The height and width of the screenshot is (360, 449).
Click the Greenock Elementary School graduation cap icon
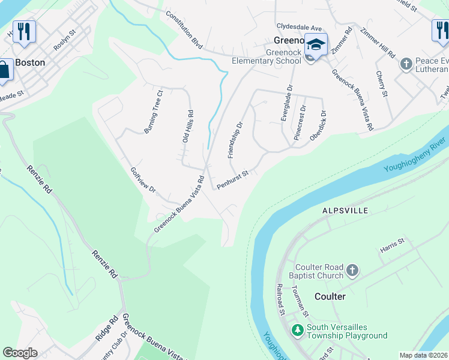click(316, 44)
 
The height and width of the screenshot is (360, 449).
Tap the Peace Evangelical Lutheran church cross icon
click(406, 63)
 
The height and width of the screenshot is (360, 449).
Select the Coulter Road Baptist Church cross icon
click(352, 271)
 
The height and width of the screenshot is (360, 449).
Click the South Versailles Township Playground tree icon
click(297, 329)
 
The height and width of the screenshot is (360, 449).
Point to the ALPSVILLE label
click(345, 211)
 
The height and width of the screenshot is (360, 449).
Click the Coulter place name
click(330, 296)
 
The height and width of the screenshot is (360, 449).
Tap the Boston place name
click(30, 62)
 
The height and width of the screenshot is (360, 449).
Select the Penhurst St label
click(233, 179)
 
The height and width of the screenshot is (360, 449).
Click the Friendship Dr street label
click(235, 140)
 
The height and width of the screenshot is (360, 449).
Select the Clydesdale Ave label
click(300, 27)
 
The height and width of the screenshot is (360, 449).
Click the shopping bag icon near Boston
click(4, 69)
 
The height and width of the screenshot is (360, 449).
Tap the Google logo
click(20, 353)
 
